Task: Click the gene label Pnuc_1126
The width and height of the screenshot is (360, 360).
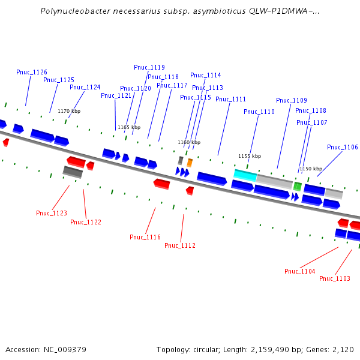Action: (32, 72)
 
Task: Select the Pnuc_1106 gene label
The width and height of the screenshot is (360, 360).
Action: (343, 147)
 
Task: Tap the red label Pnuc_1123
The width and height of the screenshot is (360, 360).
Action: (52, 213)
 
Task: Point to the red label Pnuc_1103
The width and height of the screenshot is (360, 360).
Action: (335, 278)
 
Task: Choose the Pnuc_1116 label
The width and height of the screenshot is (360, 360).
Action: (145, 237)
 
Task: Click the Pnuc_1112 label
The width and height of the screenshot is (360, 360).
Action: (180, 245)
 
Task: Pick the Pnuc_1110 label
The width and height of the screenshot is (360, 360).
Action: (259, 112)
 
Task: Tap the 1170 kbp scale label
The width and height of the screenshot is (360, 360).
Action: (69, 111)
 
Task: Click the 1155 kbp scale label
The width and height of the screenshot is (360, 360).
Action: (250, 156)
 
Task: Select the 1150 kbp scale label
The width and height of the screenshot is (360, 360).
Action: (311, 169)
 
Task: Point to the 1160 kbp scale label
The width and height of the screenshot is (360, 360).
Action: (189, 142)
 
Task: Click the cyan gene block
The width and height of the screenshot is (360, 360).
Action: (245, 175)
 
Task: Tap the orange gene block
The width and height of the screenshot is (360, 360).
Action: (190, 162)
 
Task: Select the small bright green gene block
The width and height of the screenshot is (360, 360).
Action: (297, 186)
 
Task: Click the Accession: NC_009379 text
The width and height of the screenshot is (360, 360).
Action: (46, 349)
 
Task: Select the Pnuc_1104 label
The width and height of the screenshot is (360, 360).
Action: (300, 271)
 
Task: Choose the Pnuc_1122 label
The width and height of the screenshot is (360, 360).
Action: (86, 222)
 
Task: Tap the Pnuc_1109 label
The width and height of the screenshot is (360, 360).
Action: (292, 100)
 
